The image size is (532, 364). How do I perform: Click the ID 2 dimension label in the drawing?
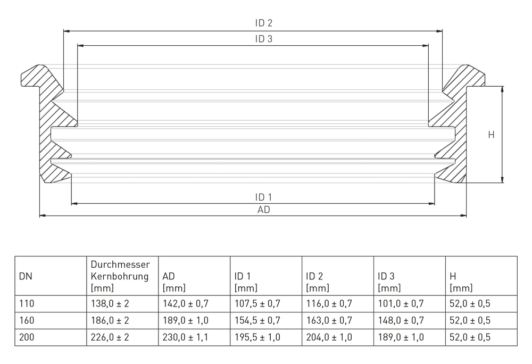tap(263, 23)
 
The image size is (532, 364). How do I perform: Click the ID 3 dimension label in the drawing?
tap(263, 39)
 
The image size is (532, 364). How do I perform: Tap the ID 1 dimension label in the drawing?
tap(263, 197)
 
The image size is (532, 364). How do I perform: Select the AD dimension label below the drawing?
tap(263, 210)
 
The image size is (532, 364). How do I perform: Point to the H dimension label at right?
tap(491, 135)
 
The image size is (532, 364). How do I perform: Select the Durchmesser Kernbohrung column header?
tap(120, 276)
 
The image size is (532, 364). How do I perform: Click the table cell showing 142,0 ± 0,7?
tap(186, 304)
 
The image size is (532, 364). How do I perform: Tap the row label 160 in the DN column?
tap(26, 320)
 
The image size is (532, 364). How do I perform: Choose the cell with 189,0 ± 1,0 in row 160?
tap(186, 320)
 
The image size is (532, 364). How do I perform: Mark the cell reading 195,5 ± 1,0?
tap(257, 337)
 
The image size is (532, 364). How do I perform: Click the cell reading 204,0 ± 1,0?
tap(329, 337)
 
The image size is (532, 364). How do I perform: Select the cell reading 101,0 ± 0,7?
tap(401, 304)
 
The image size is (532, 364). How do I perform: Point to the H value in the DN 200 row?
tap(470, 337)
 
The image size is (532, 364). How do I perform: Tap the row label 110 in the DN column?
tap(26, 304)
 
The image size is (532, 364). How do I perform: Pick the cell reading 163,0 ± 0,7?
tap(329, 320)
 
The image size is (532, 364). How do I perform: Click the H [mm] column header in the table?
tap(461, 282)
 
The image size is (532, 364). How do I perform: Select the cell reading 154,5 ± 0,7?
tap(257, 320)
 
